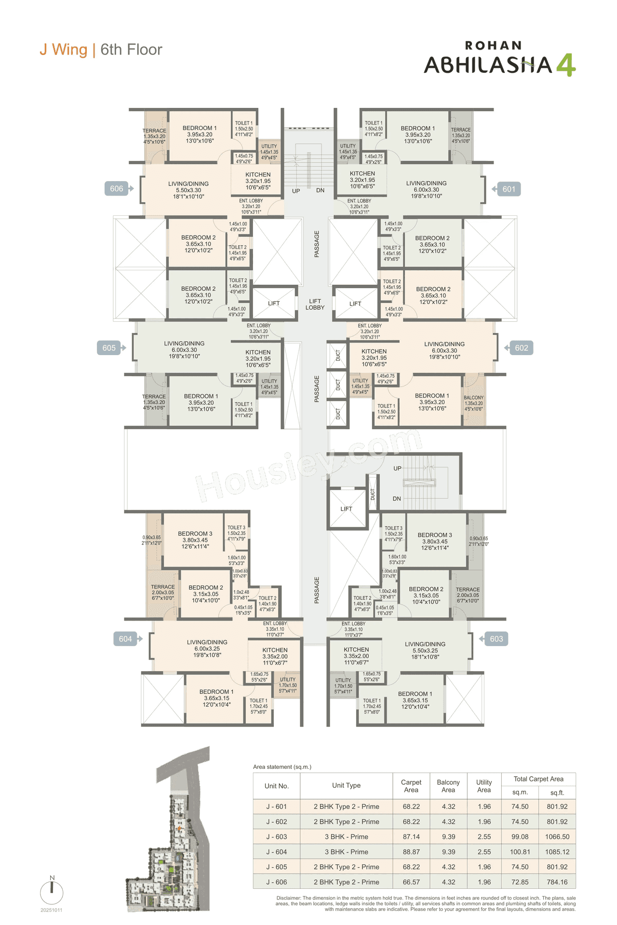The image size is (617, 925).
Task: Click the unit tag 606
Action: coord(117,189)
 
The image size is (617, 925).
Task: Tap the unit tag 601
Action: coord(509,189)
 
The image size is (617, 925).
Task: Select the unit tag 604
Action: coord(125,639)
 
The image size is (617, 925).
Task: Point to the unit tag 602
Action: coord(521,348)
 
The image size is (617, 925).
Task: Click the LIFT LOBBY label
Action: coord(315,304)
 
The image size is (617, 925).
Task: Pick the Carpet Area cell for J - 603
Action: coord(411,837)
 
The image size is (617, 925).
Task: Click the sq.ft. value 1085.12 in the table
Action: coord(557,852)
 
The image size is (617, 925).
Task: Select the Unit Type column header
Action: coord(346,785)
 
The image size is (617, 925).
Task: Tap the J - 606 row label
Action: coord(277,882)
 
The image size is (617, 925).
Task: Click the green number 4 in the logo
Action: coord(566,65)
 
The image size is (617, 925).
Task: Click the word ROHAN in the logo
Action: coord(493,46)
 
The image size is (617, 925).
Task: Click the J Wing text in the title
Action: coord(64,50)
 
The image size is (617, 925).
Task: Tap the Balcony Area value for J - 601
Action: coord(448,806)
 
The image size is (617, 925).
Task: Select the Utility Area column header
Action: coord(484,786)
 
